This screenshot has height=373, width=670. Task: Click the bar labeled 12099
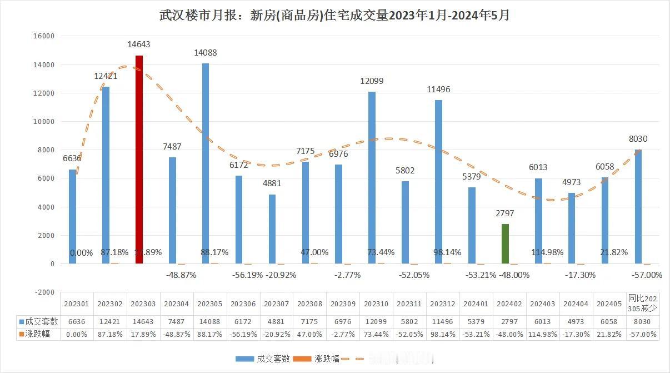[x=372, y=177]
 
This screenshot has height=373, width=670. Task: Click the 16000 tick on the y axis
[x=44, y=36]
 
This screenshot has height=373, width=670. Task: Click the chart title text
[x=334, y=15]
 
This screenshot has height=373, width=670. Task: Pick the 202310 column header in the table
[x=376, y=304]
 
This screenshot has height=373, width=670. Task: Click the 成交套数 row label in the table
[x=38, y=322]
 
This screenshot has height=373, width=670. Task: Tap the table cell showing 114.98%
[x=543, y=334]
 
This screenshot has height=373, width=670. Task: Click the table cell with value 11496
[x=443, y=322]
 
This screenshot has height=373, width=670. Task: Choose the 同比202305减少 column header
[x=643, y=304]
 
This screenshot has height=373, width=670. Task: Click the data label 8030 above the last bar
[x=637, y=139]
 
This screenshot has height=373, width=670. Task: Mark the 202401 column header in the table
[x=476, y=304]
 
